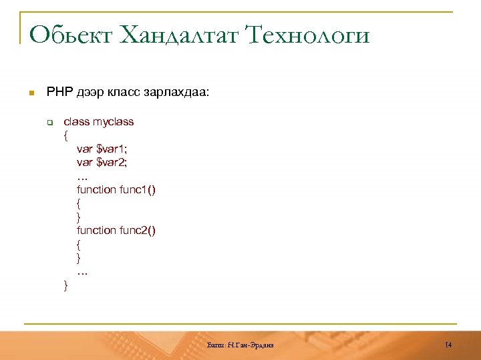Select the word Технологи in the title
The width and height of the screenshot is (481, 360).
point(309,35)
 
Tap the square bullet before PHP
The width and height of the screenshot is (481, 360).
point(30,93)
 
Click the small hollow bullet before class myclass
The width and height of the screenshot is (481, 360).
point(49,123)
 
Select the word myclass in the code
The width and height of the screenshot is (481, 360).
point(114,122)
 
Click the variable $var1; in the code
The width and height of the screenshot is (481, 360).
point(112,149)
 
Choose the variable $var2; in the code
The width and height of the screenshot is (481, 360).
point(112,162)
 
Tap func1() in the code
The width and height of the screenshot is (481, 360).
point(138,189)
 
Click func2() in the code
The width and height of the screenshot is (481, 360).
point(138,231)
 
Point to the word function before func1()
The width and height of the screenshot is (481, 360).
point(96,189)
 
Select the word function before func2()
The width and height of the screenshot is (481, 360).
point(96,231)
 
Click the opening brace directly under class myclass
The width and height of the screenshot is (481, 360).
point(65,136)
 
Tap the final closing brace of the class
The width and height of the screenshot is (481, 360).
point(65,285)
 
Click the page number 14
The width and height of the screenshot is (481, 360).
point(448,345)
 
